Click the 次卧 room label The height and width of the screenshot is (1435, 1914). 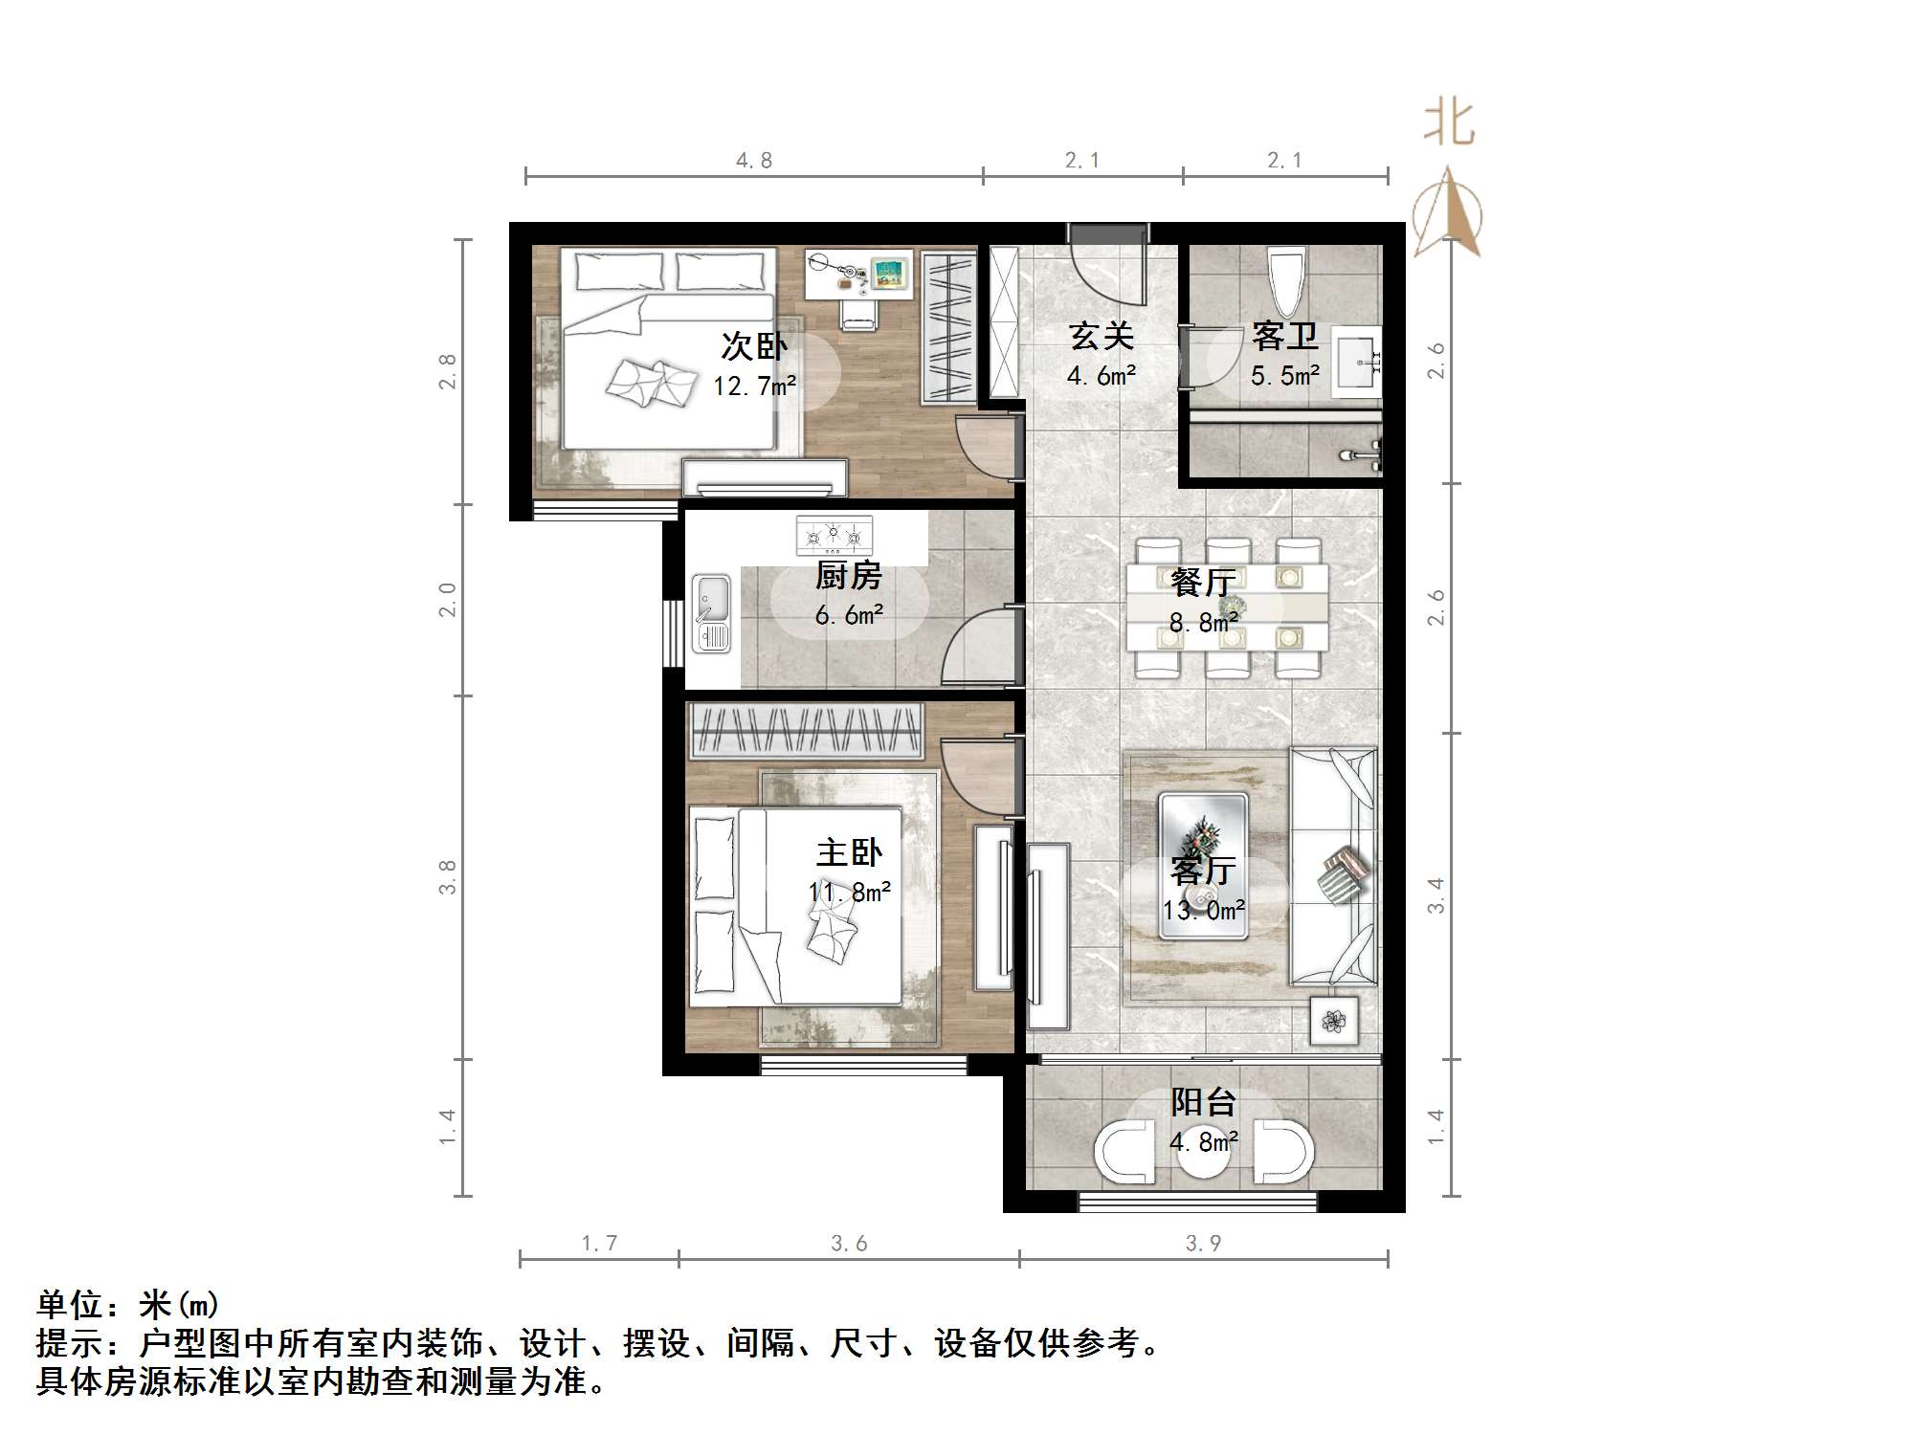[x=754, y=346]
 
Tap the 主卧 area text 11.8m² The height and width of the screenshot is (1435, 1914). [x=850, y=893]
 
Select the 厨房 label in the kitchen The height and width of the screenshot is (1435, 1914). [x=849, y=576]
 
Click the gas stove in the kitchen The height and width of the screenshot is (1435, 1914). [x=835, y=536]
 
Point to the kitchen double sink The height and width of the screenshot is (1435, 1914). [x=711, y=613]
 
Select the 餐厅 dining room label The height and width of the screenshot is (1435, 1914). [x=1203, y=582]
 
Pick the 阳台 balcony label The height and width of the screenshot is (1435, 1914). [x=1203, y=1102]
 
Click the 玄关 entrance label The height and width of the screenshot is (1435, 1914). [x=1102, y=336]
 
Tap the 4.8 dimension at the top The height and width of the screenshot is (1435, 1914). [x=754, y=161]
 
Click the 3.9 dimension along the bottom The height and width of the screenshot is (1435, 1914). [x=1203, y=1243]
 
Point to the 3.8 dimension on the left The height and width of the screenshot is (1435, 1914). [x=447, y=877]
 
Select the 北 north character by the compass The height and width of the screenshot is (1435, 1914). [x=1449, y=124]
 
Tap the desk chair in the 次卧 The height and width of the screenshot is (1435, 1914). [x=858, y=312]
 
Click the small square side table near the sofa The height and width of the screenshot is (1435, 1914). [x=1334, y=1022]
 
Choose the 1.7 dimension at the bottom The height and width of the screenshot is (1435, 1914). [x=599, y=1243]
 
